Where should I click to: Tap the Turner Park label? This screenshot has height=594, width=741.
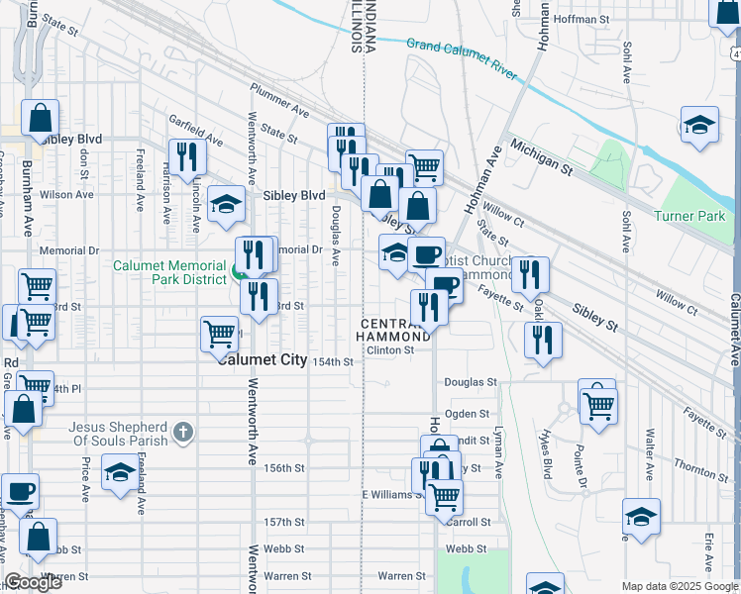coord(689,216)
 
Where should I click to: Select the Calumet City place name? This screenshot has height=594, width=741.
coord(264,360)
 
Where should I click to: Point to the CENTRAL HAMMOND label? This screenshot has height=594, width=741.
coord(395,331)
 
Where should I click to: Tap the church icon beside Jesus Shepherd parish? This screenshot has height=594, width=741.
coord(182,431)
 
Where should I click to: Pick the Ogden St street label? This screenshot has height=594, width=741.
coord(469,414)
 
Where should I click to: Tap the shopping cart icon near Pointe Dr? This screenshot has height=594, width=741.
coord(598,403)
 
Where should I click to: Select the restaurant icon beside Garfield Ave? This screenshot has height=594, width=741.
coord(186,155)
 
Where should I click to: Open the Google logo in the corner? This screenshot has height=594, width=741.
coord(33,583)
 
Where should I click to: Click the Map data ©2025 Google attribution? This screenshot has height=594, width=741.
coord(680,587)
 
